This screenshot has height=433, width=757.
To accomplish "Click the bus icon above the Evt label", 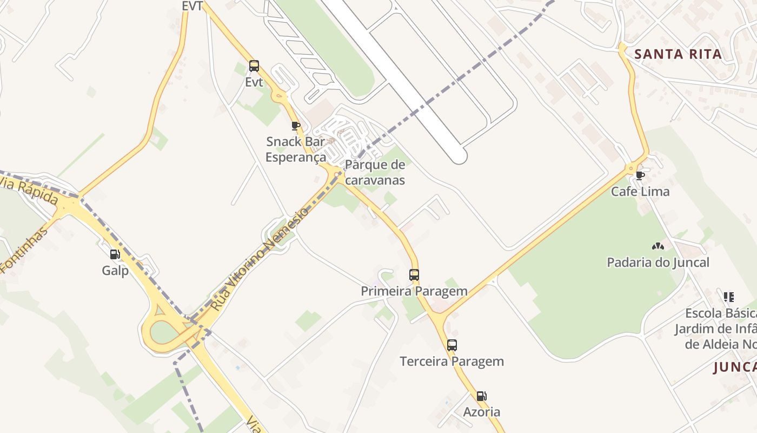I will (254, 67).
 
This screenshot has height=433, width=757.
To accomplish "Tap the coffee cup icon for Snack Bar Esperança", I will (296, 126).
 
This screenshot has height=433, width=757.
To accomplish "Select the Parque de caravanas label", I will (375, 172).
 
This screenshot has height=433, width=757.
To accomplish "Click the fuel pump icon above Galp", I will (115, 254).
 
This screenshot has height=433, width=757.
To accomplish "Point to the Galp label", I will (115, 270).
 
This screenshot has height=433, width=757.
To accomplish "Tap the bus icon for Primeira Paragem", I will (414, 275).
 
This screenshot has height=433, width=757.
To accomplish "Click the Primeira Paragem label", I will (414, 291).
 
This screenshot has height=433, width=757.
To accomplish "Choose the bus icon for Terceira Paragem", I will (452, 345).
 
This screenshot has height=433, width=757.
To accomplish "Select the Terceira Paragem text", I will (451, 361).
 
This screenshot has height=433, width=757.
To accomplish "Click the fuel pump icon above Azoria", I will (481, 396).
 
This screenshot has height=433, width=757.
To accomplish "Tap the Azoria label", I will (481, 412).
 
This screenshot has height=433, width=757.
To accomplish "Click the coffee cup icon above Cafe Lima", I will (640, 175).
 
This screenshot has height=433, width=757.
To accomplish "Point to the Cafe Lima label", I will (640, 192).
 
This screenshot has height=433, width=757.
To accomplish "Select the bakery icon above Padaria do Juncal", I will (658, 247).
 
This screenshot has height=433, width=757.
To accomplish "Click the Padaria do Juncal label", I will (658, 263).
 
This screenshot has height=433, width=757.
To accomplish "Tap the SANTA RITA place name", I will (678, 54).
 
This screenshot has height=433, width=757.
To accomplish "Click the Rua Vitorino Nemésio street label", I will (259, 259).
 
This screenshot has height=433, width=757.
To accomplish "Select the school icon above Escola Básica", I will (729, 297).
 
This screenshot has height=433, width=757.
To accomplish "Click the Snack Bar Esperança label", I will (296, 149).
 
